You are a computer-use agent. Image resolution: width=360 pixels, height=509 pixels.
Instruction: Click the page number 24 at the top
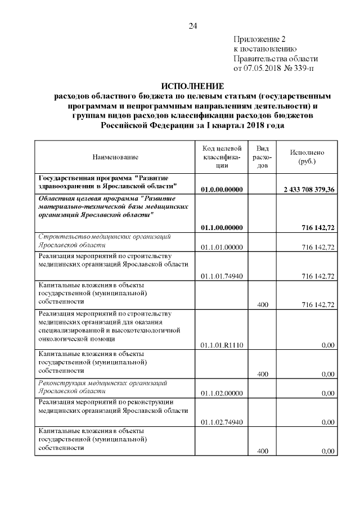point(193,26)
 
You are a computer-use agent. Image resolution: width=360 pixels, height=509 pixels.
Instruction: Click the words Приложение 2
point(259,39)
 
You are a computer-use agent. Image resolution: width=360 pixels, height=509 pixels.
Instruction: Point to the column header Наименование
point(115,157)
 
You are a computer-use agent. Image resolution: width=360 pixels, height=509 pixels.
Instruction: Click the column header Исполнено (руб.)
point(307,157)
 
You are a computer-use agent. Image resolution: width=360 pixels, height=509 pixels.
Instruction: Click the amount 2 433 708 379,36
point(307,190)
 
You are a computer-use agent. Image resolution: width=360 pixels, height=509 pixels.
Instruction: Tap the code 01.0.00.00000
point(222,190)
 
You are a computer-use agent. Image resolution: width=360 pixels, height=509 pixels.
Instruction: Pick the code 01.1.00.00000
point(222,227)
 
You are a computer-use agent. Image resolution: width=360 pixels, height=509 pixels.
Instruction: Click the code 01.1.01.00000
point(222,247)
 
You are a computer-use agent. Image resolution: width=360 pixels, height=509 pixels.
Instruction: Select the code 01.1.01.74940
point(222,276)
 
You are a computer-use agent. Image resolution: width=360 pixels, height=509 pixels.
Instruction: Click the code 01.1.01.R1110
point(222,345)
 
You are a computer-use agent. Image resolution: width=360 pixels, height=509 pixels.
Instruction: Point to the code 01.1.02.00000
point(222,394)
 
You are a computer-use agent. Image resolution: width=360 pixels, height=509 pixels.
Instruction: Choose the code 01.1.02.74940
point(222,422)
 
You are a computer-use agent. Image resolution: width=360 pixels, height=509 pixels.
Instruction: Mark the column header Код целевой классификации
point(222,157)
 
